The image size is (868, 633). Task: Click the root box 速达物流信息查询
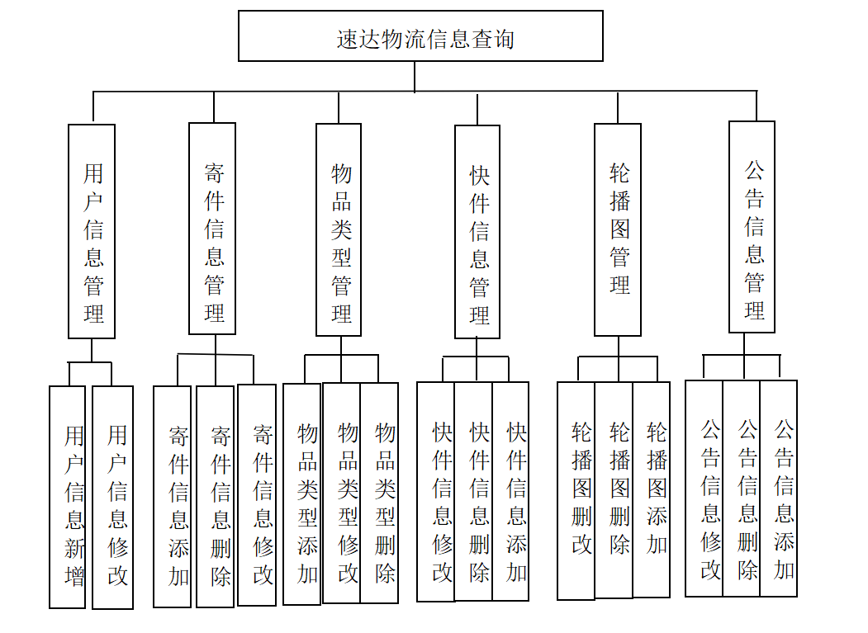click(x=420, y=36)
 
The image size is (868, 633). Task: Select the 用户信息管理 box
click(x=92, y=231)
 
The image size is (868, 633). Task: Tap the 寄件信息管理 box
click(x=212, y=229)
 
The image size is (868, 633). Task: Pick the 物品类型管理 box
click(x=339, y=229)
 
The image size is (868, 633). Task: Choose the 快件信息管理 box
click(x=477, y=232)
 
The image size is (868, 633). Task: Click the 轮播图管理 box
click(x=618, y=229)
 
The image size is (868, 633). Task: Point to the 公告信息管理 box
click(x=752, y=227)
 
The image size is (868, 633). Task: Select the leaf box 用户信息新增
click(x=68, y=497)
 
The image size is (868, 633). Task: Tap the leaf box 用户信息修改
click(x=113, y=497)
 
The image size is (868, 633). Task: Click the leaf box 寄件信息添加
click(x=173, y=497)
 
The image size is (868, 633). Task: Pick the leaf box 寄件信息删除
click(x=216, y=497)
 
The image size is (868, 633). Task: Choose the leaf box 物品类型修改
click(x=342, y=493)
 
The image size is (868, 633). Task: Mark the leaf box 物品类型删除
click(x=380, y=493)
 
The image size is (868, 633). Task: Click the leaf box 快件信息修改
click(x=436, y=492)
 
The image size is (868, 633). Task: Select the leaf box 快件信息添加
click(x=511, y=492)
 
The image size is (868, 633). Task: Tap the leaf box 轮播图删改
click(x=576, y=490)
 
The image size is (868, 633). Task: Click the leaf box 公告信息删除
click(x=742, y=489)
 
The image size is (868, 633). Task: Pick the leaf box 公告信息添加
click(x=779, y=489)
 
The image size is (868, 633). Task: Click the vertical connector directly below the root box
click(x=415, y=76)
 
